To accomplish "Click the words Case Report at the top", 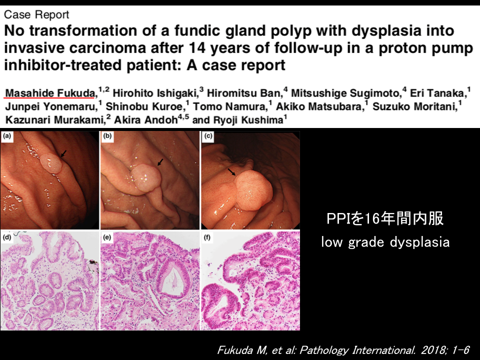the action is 36,14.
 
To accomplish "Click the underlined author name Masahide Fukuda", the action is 50,93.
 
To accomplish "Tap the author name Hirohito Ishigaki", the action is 155,93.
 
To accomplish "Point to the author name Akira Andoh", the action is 145,119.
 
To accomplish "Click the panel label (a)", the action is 6,135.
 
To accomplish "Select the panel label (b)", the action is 107,135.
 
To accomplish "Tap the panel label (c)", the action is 208,135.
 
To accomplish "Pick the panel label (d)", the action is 6,237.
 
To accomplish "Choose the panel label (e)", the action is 107,237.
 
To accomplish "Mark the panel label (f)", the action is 207,237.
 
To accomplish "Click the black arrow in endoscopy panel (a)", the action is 63,153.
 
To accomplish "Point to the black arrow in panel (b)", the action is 160,162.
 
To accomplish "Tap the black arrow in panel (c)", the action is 231,171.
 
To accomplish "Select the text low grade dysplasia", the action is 385,242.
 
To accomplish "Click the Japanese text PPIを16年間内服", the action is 385,218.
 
